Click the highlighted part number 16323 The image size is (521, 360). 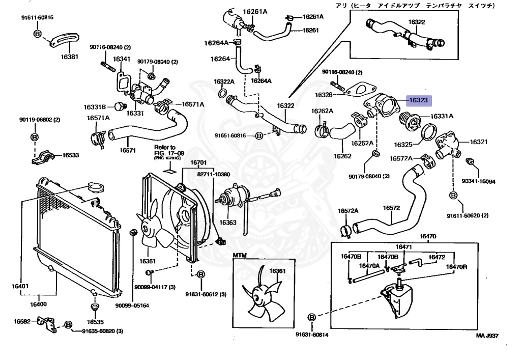418,101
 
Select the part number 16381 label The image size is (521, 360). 70,57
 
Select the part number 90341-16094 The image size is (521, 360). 478,181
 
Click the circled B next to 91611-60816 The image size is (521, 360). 37,34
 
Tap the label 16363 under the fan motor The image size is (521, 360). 227,223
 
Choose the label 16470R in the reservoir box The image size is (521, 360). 457,266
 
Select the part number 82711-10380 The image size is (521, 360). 214,174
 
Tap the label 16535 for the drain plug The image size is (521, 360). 95,322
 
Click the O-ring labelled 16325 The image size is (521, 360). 428,133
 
